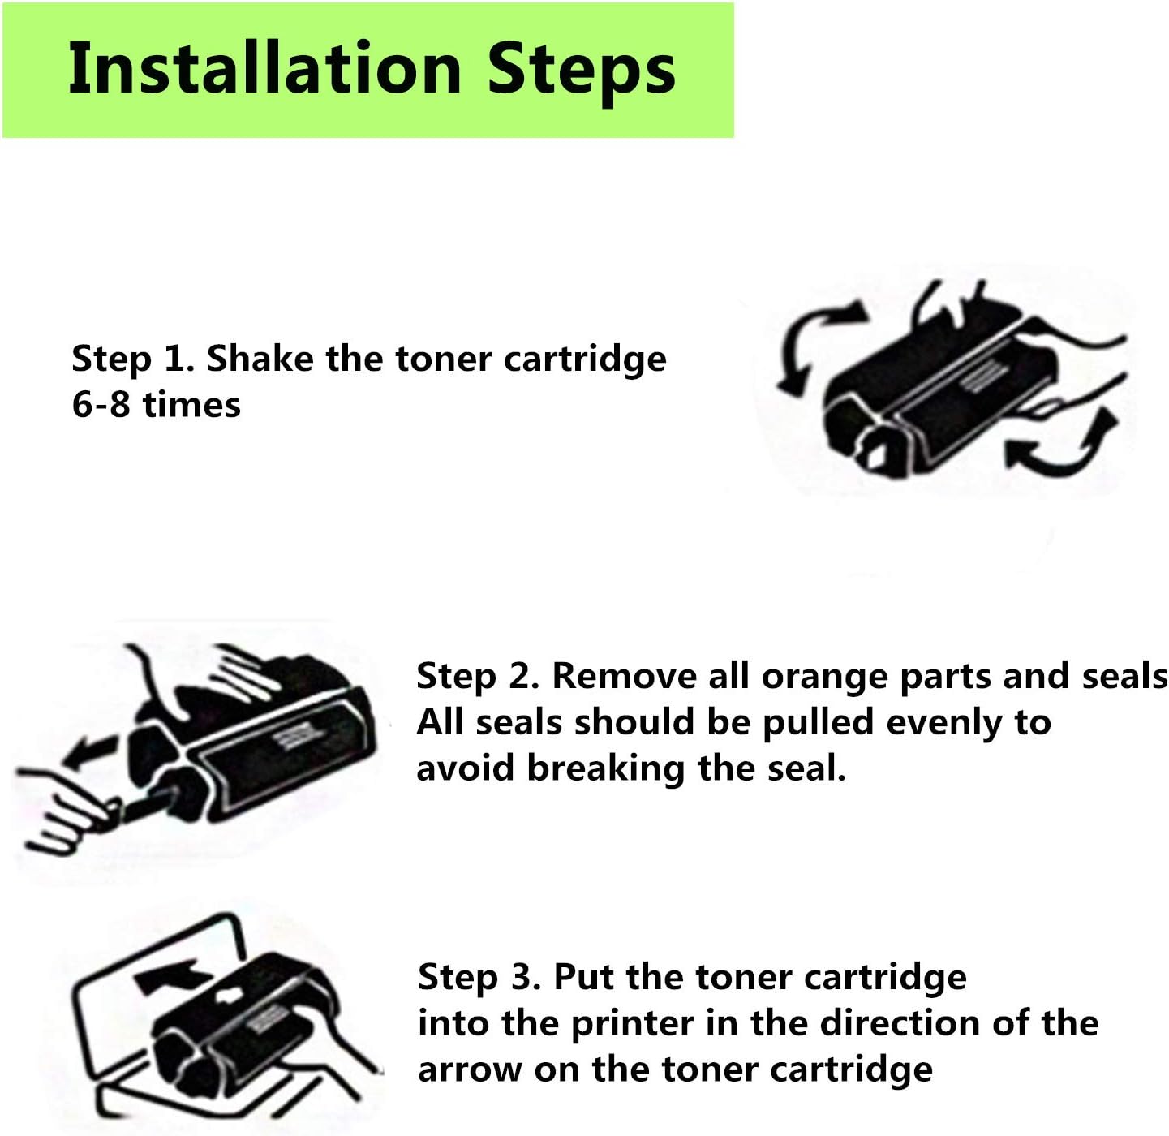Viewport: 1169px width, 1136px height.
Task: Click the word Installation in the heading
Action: [265, 68]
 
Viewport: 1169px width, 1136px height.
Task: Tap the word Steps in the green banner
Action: [582, 72]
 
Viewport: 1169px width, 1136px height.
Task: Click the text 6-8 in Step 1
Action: [101, 404]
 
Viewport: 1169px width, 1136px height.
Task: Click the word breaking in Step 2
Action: [606, 769]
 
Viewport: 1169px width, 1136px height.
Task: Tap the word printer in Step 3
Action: [633, 1024]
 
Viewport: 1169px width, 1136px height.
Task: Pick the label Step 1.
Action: [132, 359]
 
